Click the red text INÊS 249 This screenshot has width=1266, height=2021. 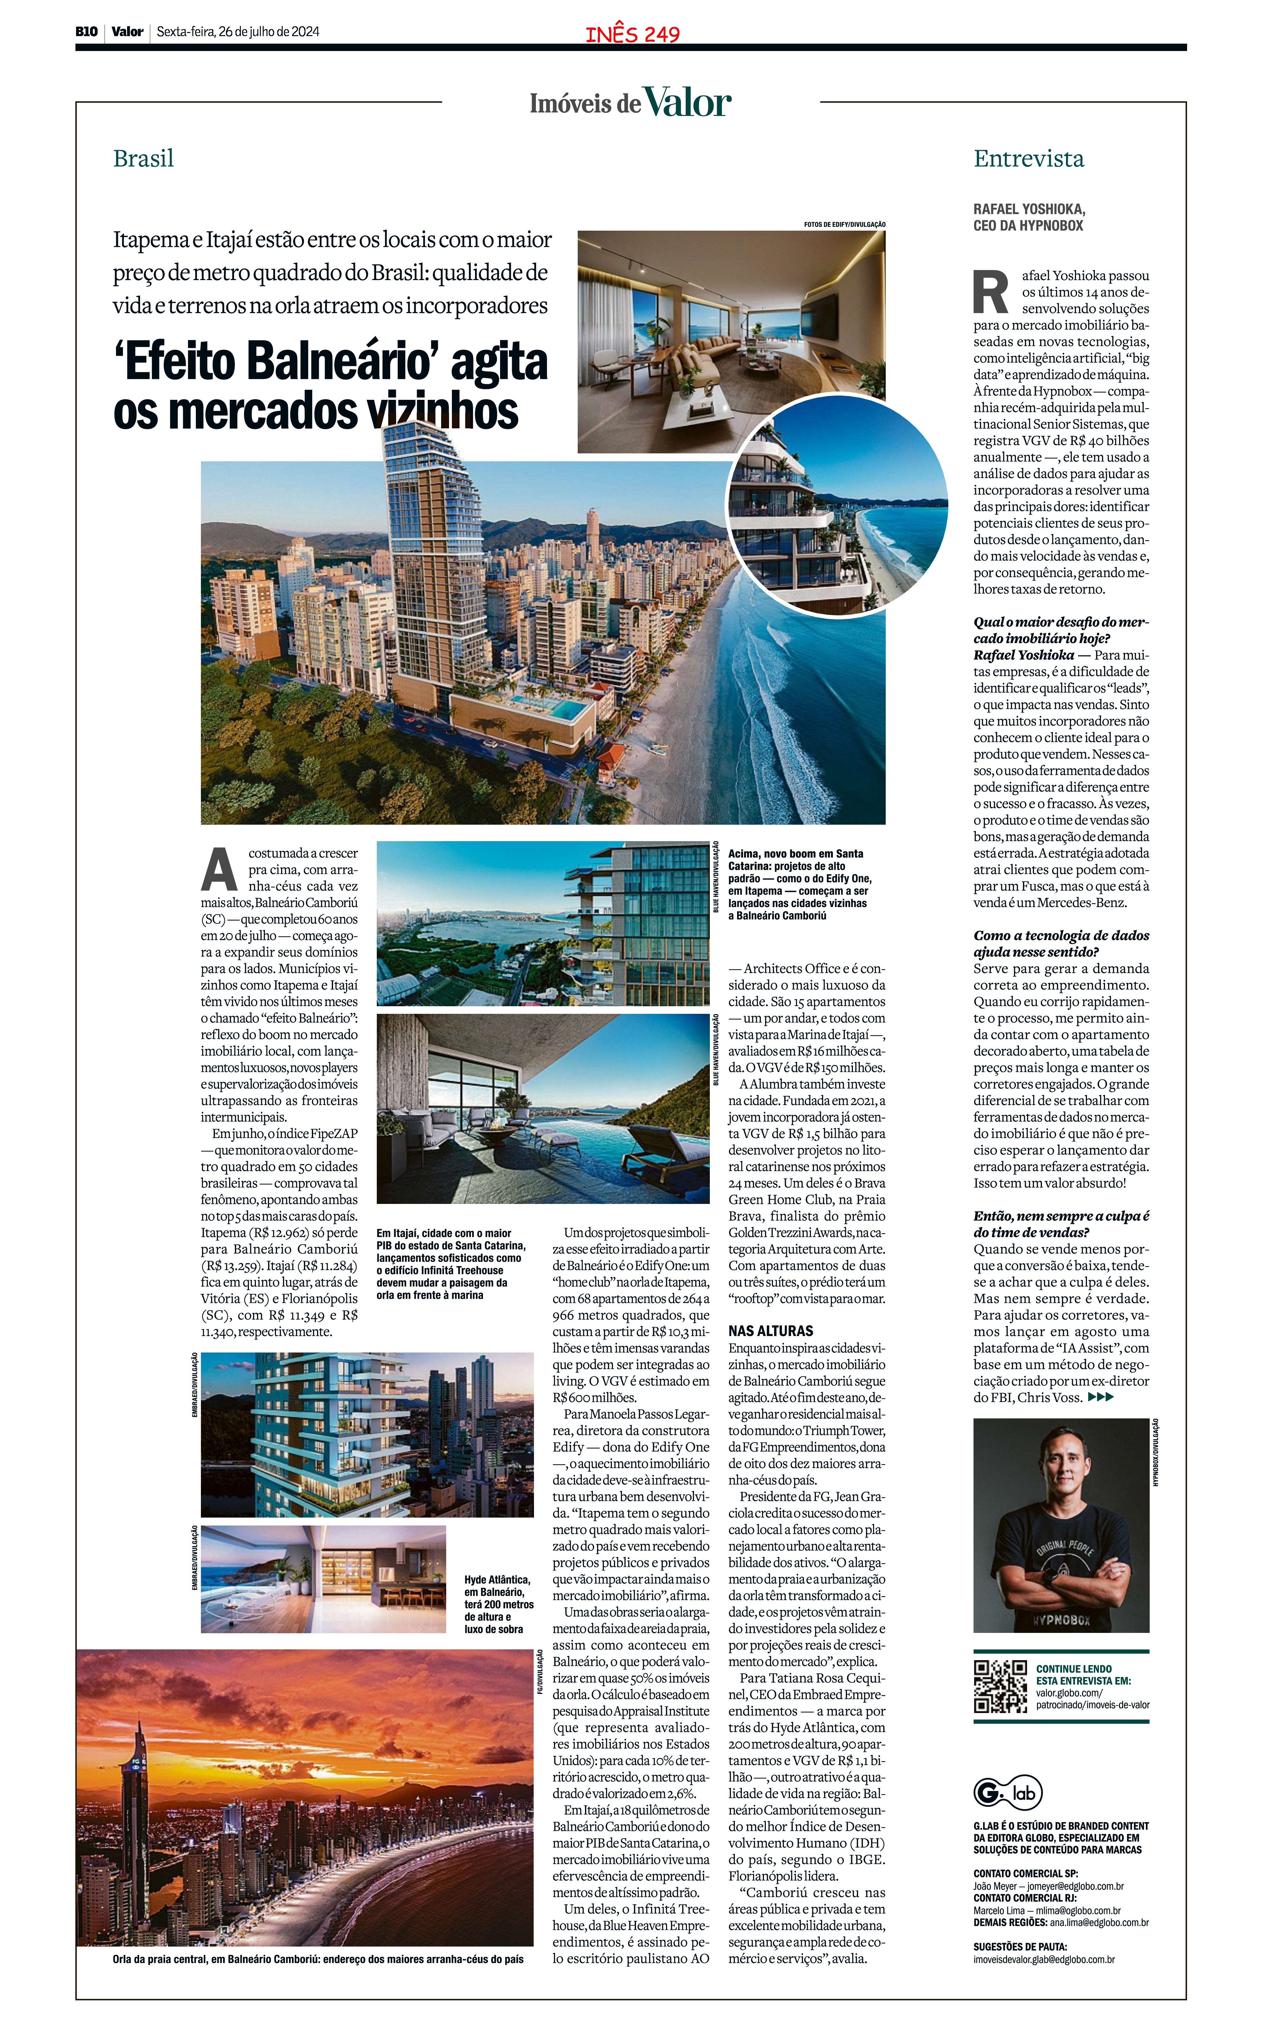click(632, 34)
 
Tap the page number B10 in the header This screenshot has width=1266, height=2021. click(86, 32)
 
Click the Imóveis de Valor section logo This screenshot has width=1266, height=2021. click(631, 103)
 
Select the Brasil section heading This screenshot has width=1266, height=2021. click(143, 158)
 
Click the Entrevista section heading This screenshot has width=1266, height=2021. click(1028, 158)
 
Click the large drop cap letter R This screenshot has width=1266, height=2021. click(991, 291)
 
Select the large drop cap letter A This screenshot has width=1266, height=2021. click(219, 869)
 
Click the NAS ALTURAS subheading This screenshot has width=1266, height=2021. click(770, 1330)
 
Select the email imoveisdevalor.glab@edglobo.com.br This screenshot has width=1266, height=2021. click(1043, 1959)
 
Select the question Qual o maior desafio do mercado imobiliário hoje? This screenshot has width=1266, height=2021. click(1060, 629)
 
